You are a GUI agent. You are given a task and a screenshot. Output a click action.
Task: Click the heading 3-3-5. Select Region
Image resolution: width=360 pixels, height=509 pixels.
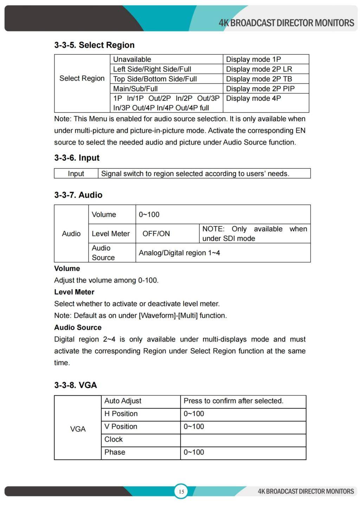[94, 45]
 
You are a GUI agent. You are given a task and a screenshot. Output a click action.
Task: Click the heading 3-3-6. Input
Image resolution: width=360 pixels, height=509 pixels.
[77, 158]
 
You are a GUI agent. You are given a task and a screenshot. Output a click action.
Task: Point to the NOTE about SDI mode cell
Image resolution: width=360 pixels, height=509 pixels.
[255, 233]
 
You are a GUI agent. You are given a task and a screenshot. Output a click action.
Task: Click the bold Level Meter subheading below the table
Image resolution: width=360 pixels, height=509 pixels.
[74, 292]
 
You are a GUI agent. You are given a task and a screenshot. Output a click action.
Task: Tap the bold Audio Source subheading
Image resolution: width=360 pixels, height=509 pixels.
[78, 328]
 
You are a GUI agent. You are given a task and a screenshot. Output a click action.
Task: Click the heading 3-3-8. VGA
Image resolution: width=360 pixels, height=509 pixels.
[75, 385]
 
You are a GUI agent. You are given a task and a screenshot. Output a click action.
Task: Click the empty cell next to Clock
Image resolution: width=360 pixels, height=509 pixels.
[243, 440]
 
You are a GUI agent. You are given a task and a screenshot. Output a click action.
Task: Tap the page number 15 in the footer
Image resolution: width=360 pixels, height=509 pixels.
[181, 491]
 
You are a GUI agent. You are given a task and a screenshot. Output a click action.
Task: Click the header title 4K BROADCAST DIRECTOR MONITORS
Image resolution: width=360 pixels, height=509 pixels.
[286, 23]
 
